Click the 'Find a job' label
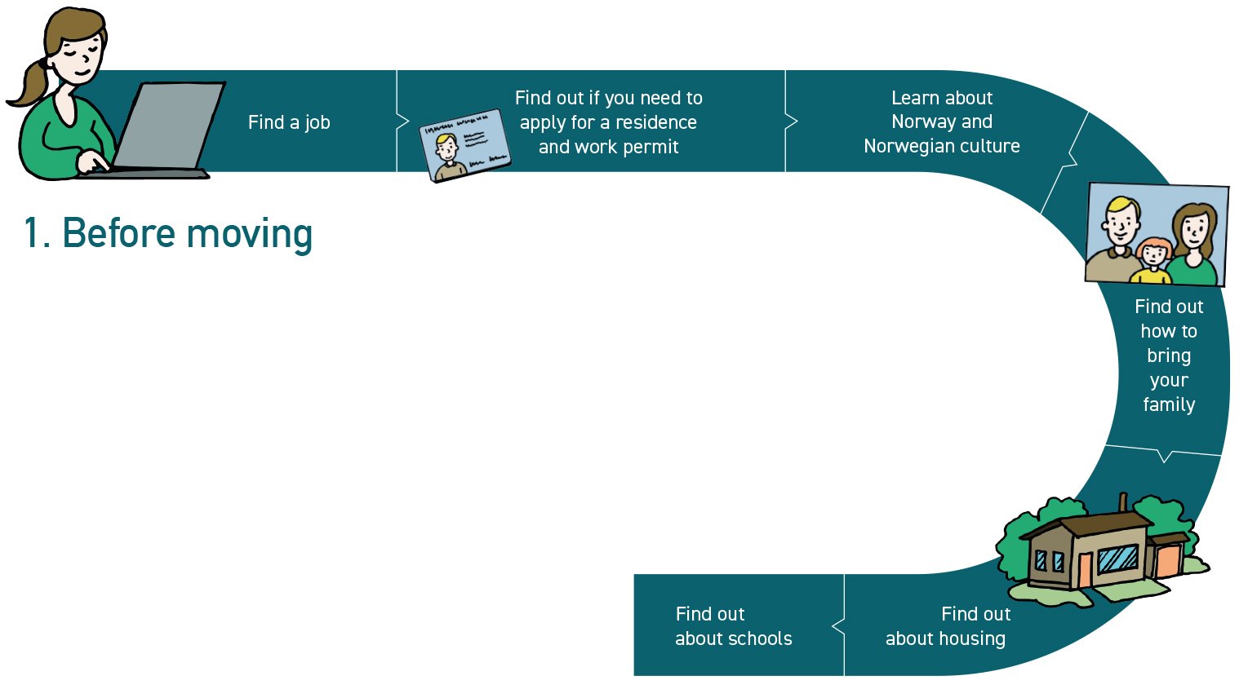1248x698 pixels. pos(289,122)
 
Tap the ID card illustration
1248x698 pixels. pos(465,145)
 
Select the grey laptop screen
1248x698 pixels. pos(169,125)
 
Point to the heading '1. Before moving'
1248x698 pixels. pos(167,234)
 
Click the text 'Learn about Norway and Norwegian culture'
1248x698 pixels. pos(942,121)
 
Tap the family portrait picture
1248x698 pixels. pos(1157,234)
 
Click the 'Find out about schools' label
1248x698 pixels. pos(733,626)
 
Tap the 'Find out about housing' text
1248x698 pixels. pos(946,626)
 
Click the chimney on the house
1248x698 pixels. pos(1124,502)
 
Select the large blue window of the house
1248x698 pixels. pos(1117,559)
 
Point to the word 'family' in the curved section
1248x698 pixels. pos(1169,405)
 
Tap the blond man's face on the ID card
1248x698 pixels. pos(446,148)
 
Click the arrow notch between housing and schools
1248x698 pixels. pos(838,626)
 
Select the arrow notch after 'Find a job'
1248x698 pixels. pos(403,121)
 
